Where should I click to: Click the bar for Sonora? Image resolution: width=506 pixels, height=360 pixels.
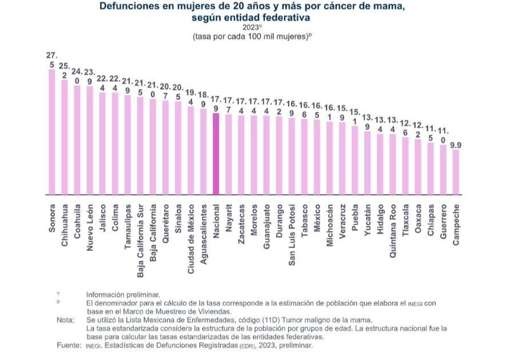coord(52,131)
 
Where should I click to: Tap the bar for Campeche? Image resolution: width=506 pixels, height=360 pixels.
coord(456,171)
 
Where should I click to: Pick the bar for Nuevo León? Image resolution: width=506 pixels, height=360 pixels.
coord(90,140)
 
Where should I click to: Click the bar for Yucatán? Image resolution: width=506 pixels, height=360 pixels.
coord(367,163)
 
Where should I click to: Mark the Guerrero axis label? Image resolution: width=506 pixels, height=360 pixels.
coord(443,223)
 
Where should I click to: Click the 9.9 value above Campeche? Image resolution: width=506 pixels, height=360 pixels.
coord(456,145)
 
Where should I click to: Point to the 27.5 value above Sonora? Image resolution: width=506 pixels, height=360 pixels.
coord(52,60)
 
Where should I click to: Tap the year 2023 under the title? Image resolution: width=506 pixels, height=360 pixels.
coord(251,26)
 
